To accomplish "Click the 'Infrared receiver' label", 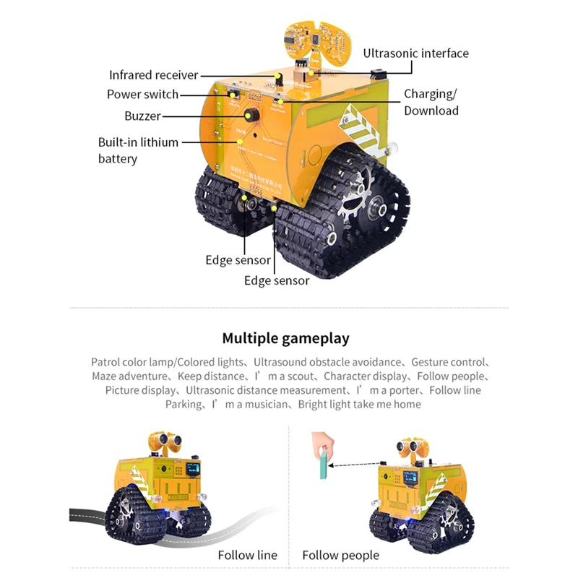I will point(153,75).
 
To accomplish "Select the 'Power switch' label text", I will point(142,95).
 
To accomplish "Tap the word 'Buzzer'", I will point(142,116).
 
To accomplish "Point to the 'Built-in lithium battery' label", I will point(138,150).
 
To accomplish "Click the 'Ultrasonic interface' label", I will point(415,53).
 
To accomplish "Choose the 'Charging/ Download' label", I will point(431,102).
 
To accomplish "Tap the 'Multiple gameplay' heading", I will point(285,338).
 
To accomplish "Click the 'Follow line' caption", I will point(247,555).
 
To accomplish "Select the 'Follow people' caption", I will point(340,555).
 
